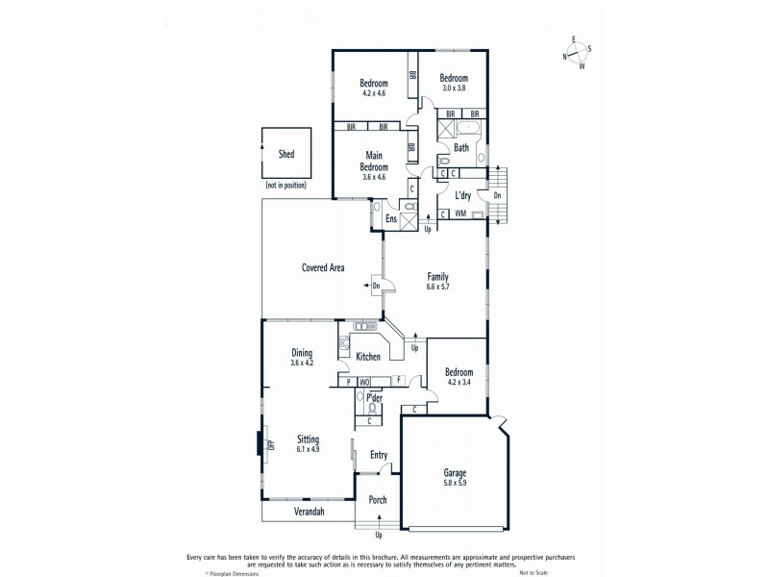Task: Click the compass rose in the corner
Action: (578, 53)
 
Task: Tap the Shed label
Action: (286, 154)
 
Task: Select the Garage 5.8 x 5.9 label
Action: (455, 478)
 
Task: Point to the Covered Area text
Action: (323, 267)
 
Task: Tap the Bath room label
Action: (461, 148)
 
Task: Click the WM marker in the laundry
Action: (460, 213)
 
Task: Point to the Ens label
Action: (391, 219)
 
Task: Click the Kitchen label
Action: (369, 357)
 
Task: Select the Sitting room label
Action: (308, 443)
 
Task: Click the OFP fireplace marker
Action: (270, 443)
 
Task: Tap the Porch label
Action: (378, 500)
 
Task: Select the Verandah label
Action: (310, 513)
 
